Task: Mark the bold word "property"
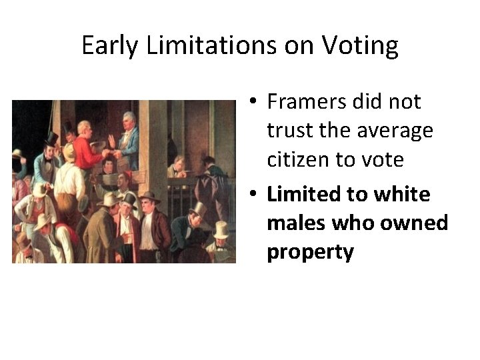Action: click(x=310, y=253)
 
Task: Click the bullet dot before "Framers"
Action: click(x=254, y=103)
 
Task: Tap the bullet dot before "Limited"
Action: click(x=254, y=195)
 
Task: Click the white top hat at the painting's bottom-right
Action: click(x=221, y=229)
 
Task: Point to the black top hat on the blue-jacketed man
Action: click(x=51, y=139)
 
